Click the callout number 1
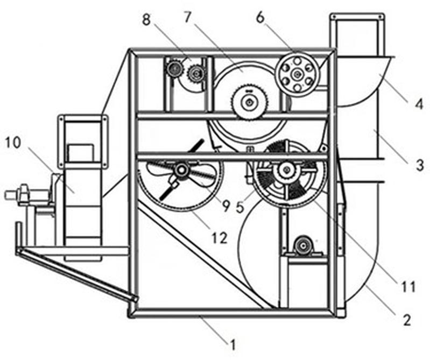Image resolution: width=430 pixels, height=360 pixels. click(x=232, y=344)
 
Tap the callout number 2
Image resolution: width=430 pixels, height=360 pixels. click(x=407, y=320)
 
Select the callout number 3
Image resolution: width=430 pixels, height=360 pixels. click(x=420, y=165)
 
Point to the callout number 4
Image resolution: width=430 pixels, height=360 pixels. click(x=419, y=104)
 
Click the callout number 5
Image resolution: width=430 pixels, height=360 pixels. click(x=240, y=207)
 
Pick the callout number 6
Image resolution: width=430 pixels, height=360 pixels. click(x=260, y=18)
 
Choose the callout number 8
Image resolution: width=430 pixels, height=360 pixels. click(x=146, y=20)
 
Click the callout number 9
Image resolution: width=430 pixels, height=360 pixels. click(x=225, y=206)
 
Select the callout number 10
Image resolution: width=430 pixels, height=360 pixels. click(x=13, y=143)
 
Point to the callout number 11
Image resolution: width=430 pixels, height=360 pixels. click(x=409, y=286)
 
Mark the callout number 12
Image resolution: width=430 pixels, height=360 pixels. click(x=220, y=238)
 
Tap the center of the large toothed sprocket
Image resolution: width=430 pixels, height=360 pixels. click(x=249, y=102)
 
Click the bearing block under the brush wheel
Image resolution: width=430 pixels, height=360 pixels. click(x=303, y=246)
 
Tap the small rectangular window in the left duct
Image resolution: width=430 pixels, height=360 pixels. click(x=80, y=153)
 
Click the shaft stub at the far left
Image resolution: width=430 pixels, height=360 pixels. click(x=10, y=195)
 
